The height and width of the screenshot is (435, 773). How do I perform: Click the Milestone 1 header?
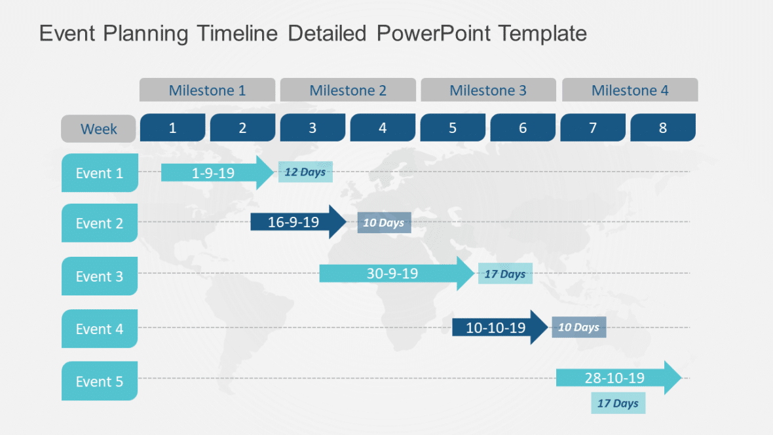[207, 90]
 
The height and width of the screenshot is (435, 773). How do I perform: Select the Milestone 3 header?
[488, 90]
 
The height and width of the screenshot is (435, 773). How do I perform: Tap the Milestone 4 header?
[630, 90]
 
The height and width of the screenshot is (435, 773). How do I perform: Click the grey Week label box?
[99, 129]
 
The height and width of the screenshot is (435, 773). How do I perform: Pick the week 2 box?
[242, 128]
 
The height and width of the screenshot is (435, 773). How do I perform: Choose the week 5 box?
[453, 128]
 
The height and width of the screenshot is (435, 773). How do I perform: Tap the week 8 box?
[663, 128]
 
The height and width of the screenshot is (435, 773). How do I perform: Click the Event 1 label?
[100, 173]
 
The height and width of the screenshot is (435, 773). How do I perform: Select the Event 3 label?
[100, 276]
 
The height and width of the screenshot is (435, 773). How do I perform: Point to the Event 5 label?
[100, 381]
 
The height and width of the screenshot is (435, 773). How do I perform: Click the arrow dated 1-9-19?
[216, 173]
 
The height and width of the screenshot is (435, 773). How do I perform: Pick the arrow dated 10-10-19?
[499, 328]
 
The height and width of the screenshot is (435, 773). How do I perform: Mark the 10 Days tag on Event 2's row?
[384, 223]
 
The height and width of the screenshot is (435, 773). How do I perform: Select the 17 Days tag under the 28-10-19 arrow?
[618, 403]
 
